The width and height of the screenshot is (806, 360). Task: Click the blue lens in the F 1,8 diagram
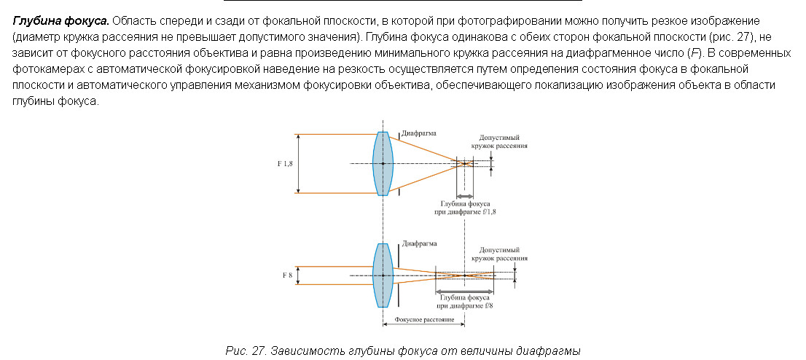383,163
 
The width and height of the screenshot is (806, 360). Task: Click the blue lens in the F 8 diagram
383,275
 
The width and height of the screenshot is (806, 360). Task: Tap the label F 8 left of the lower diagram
287,275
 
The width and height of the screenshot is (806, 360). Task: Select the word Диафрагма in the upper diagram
418,134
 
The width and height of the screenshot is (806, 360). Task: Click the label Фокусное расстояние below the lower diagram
425,320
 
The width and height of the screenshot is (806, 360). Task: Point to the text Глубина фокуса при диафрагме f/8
465,302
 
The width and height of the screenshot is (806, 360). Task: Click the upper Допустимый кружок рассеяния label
503,142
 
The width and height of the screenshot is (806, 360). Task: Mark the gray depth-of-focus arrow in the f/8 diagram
465,289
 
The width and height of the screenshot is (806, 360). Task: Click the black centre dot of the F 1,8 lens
383,163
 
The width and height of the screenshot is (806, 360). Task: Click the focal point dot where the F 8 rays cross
465,275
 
